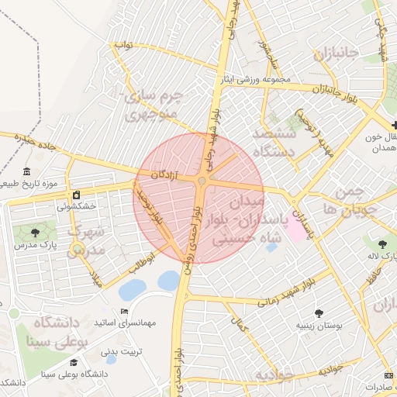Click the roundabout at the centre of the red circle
(x=202, y=181)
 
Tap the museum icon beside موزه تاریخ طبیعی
(x=27, y=171)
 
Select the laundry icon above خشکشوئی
(x=76, y=195)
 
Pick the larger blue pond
(x=167, y=281)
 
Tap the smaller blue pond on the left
(x=133, y=290)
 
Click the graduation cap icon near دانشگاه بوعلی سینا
(x=74, y=362)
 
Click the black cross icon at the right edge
(x=394, y=125)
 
